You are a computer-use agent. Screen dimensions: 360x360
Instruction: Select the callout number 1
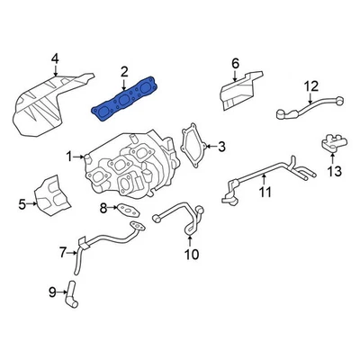pos(68,157)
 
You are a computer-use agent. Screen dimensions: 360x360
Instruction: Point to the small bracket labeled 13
pos(331,144)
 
